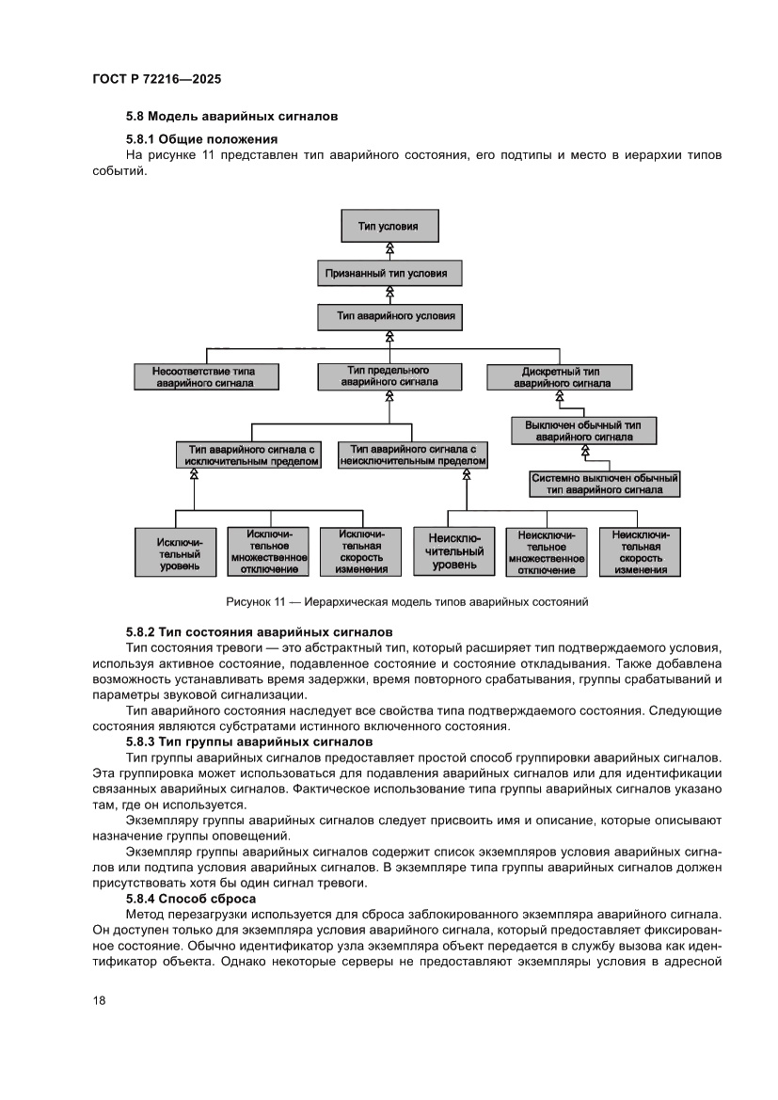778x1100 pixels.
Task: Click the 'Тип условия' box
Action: [389, 226]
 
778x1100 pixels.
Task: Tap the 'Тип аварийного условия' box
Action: [389, 316]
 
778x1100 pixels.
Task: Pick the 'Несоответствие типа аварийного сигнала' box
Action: [204, 376]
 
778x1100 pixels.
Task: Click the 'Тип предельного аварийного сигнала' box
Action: [389, 375]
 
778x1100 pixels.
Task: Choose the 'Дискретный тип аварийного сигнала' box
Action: [560, 376]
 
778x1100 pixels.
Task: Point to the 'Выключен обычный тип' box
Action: [583, 430]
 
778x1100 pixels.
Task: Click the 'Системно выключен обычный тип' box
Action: [605, 484]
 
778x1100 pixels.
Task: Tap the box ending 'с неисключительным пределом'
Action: [413, 455]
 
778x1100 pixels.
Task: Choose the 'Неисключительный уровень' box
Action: [454, 552]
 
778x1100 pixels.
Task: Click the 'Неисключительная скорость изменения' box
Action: [640, 552]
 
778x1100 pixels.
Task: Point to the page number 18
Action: [99, 1000]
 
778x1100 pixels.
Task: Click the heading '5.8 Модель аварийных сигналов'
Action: [231, 117]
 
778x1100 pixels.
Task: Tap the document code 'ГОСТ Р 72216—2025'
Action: [156, 80]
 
